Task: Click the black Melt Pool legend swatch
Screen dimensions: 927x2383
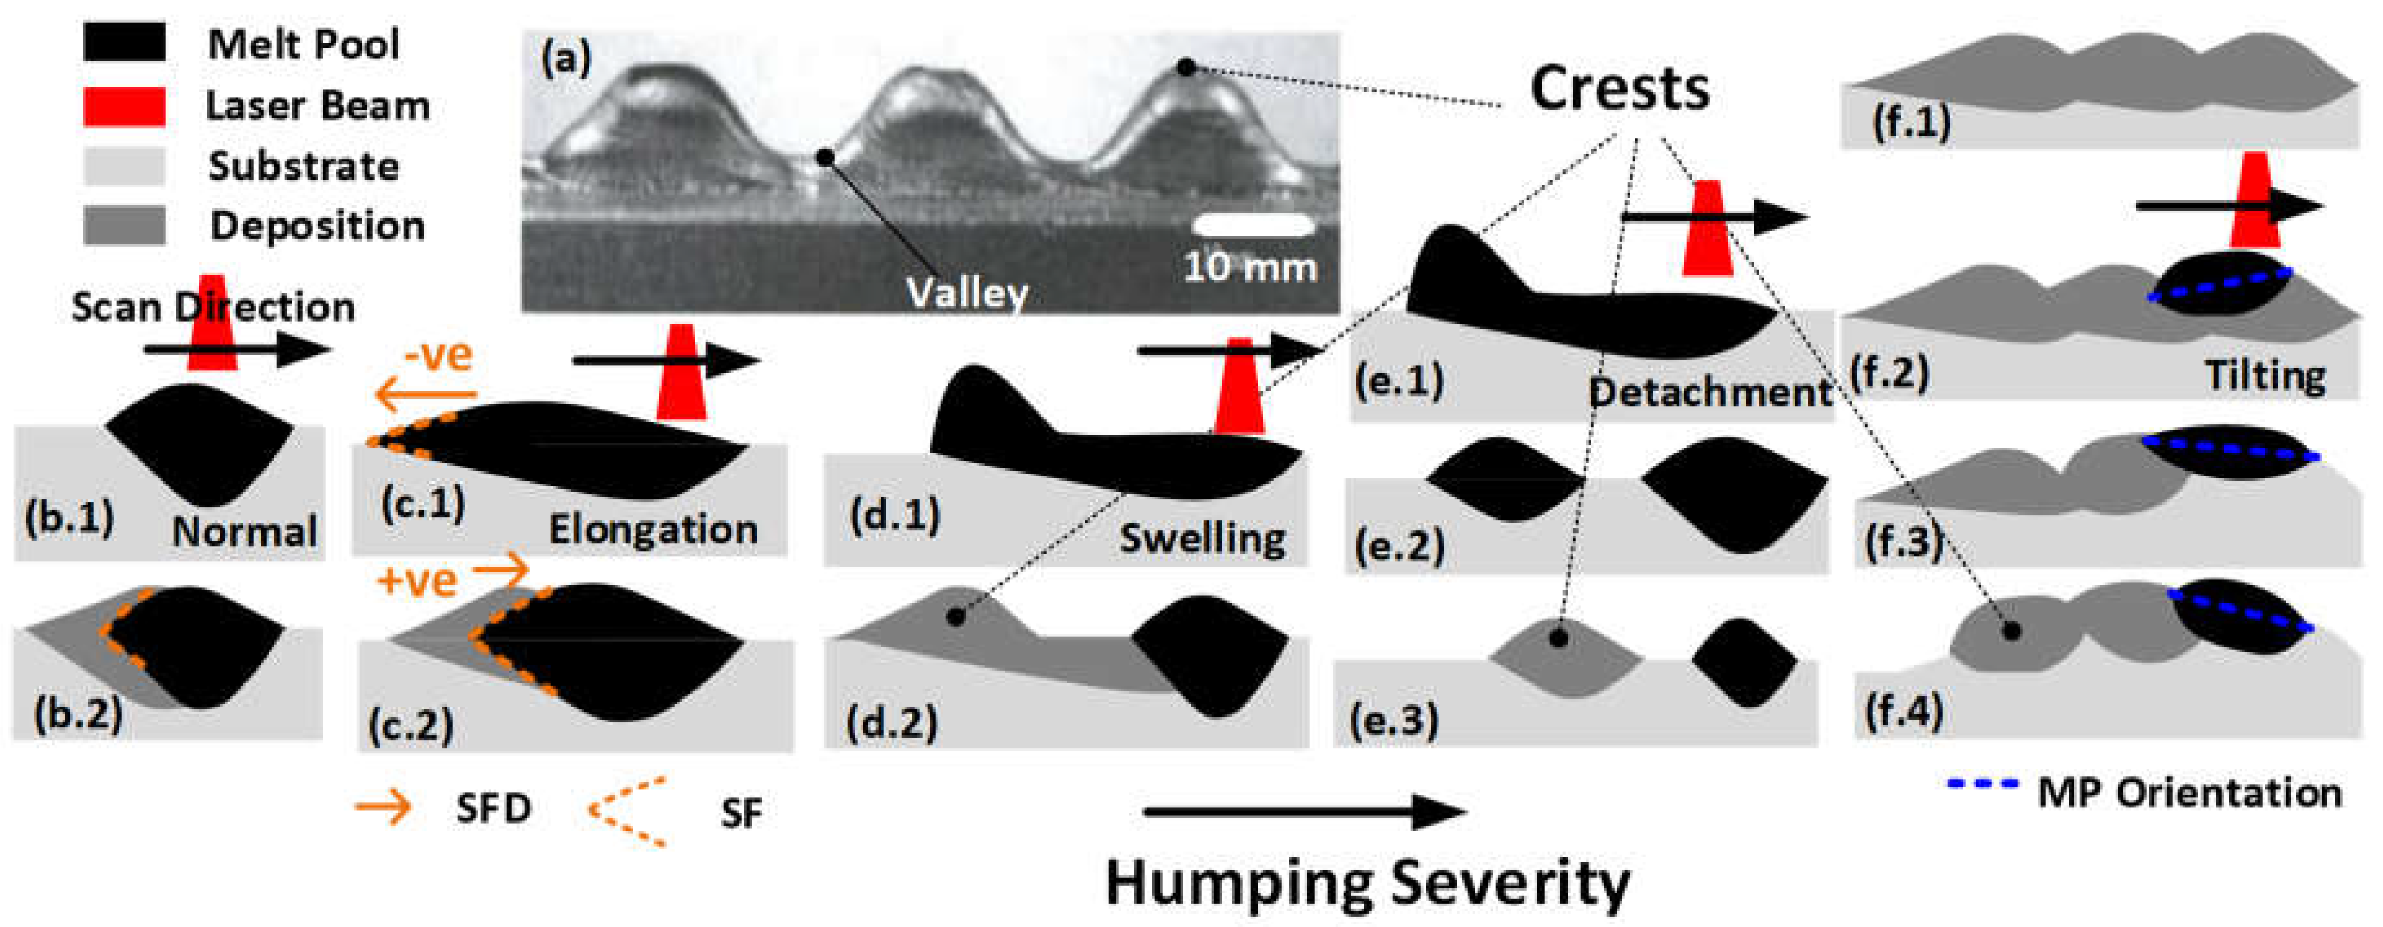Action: click(x=124, y=43)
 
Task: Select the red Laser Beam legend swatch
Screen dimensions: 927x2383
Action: click(x=124, y=105)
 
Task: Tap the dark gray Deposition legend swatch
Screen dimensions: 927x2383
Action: click(x=124, y=225)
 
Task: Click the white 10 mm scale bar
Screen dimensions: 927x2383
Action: click(x=1253, y=225)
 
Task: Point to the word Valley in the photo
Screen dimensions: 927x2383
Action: click(x=966, y=293)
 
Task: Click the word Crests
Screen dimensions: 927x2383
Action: click(x=1619, y=89)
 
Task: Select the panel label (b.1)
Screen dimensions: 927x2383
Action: click(x=69, y=518)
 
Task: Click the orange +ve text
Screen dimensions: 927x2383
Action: click(x=417, y=581)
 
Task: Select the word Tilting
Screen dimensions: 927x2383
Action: click(x=2265, y=375)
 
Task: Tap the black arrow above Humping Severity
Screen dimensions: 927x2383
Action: click(x=1304, y=812)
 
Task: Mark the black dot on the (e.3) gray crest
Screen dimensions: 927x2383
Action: click(x=1559, y=638)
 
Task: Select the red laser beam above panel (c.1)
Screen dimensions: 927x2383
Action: click(x=681, y=372)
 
